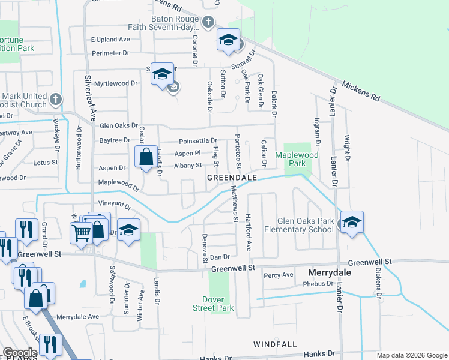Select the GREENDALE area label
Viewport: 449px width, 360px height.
click(232, 178)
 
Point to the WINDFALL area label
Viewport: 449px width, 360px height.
click(275, 344)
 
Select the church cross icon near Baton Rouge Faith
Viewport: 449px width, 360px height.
click(208, 22)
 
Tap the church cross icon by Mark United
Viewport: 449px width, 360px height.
click(55, 99)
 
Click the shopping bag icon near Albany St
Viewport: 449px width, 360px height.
click(146, 158)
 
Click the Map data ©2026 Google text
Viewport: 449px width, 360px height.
click(411, 355)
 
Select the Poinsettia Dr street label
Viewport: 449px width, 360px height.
click(198, 140)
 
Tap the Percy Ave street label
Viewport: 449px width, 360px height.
click(278, 275)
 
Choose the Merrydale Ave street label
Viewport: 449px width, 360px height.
click(77, 316)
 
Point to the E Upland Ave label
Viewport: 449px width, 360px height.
click(110, 39)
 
